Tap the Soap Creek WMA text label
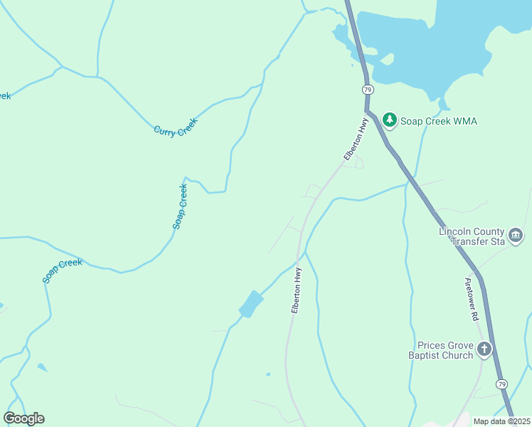point(439,121)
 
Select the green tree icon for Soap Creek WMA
point(389,120)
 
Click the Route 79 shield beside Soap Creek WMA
point(367,90)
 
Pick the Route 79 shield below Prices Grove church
point(503,384)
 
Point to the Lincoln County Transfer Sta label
point(472,236)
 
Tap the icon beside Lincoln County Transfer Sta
point(516,234)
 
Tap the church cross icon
point(484,349)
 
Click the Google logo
point(23,418)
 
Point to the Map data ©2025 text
point(501,421)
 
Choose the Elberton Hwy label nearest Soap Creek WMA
point(353,140)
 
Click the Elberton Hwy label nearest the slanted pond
point(297,290)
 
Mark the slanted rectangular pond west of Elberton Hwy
point(250,304)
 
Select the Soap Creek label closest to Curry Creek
point(180,206)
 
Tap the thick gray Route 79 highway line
point(427,200)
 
